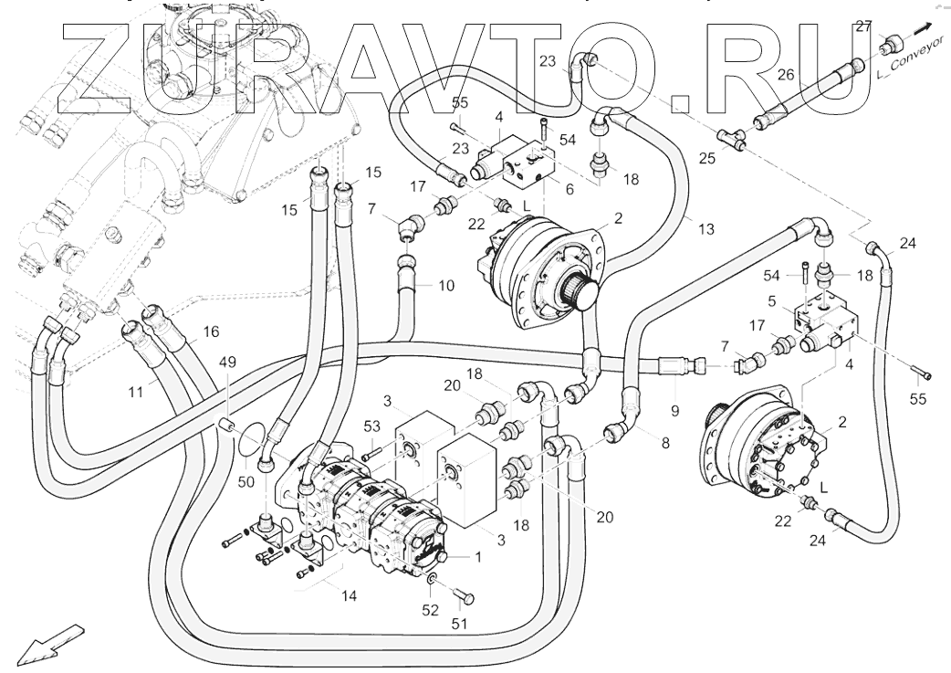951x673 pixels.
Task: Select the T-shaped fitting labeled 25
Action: [x=731, y=137]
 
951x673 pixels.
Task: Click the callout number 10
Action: [x=446, y=286]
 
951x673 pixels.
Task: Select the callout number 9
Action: [x=675, y=411]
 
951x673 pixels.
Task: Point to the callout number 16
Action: [x=211, y=332]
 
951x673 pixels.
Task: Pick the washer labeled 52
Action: [x=434, y=582]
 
